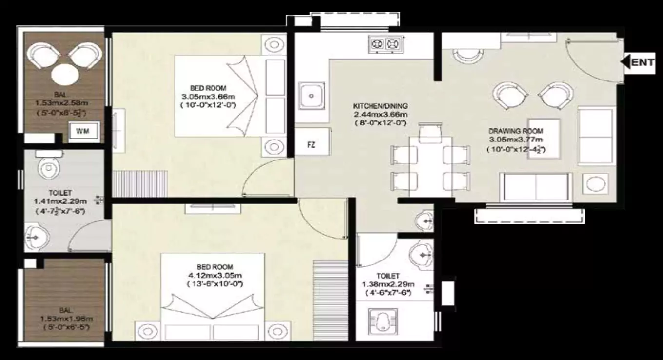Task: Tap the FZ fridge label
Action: point(311,145)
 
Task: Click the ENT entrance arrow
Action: point(638,62)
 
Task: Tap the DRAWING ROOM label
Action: point(515,131)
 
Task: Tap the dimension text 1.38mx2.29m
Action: point(388,284)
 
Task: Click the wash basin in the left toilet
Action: point(36,237)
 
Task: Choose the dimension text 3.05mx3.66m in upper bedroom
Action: point(208,97)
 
